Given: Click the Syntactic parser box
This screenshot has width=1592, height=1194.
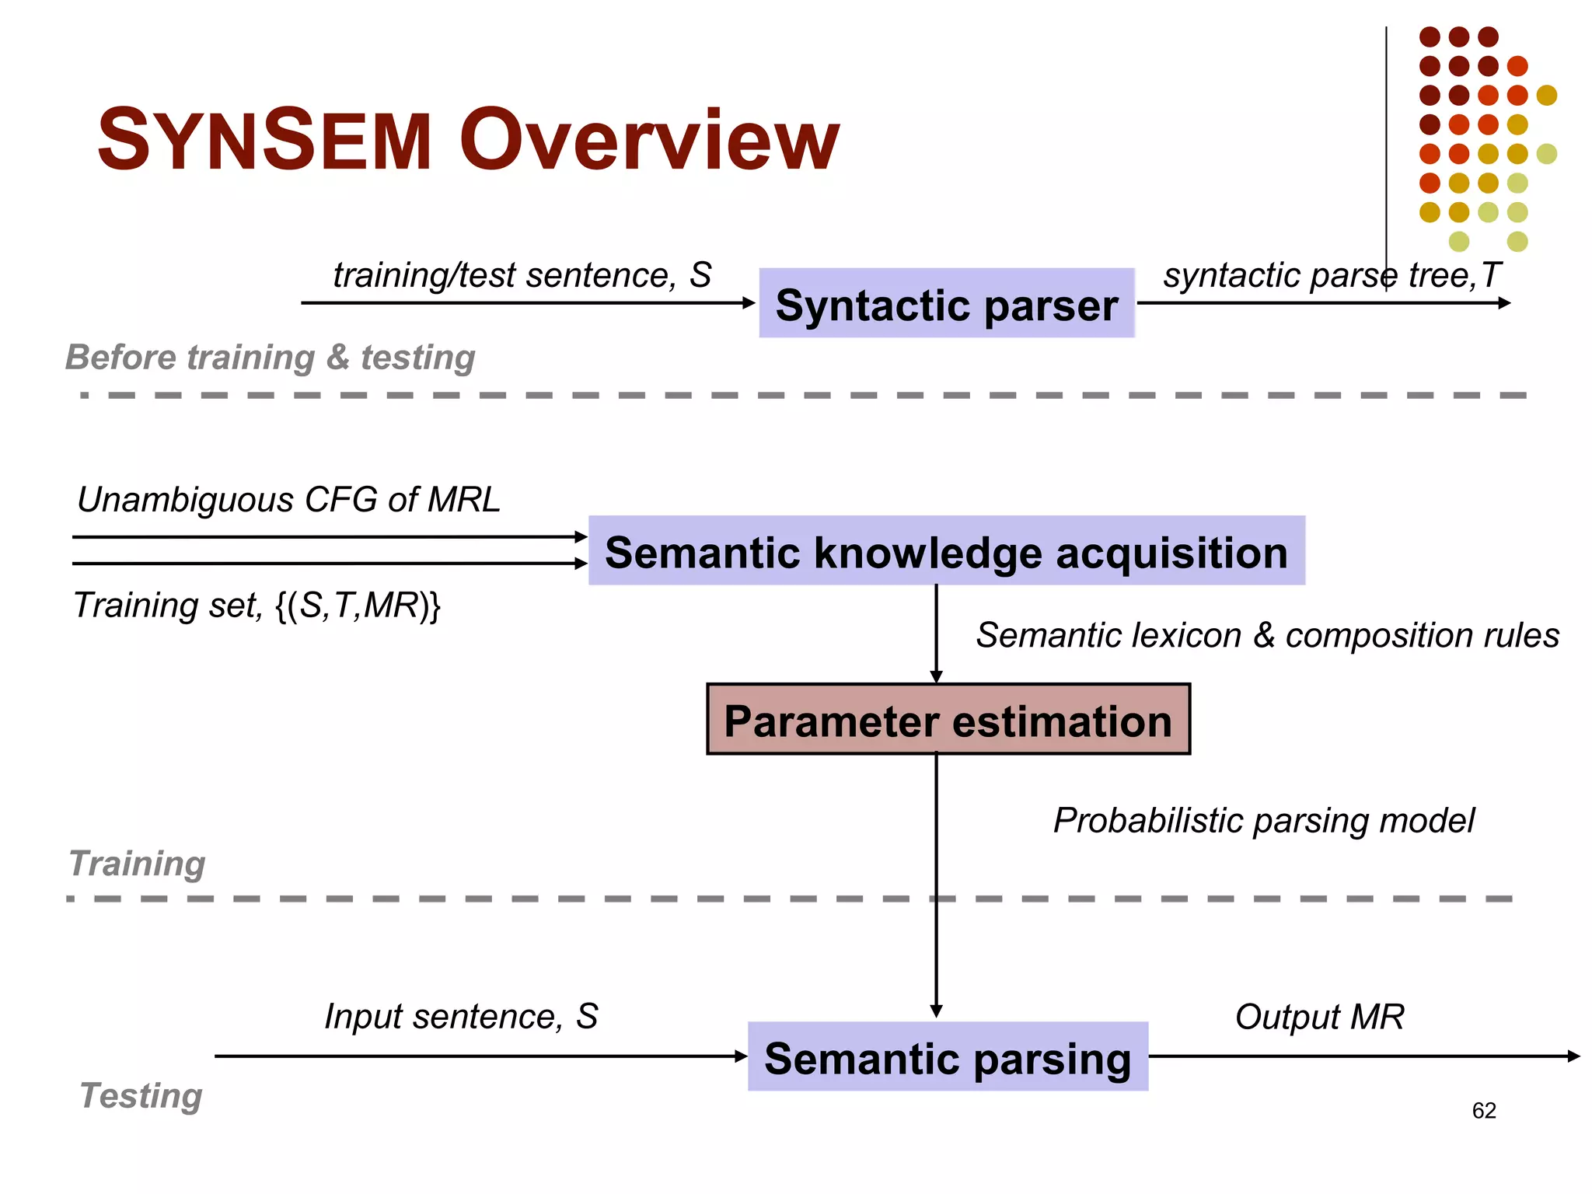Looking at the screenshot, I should [946, 304].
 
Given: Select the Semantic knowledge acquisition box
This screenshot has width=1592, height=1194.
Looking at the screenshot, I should [946, 551].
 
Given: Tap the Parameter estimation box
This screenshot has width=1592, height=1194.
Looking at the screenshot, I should [948, 720].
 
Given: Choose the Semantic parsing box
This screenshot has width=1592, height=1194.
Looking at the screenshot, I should [947, 1057].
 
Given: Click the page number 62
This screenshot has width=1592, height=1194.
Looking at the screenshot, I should [1483, 1111].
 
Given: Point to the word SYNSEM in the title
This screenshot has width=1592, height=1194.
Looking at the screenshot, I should [264, 141].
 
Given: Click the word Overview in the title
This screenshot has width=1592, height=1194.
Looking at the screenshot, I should [649, 141].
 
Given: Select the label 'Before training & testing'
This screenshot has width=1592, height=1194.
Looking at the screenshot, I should [270, 358].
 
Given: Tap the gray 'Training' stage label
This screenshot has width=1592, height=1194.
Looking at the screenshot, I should [137, 864].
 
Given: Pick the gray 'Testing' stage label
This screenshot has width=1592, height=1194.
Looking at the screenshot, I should [141, 1096].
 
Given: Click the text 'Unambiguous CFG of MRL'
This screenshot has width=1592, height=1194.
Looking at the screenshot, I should [288, 500].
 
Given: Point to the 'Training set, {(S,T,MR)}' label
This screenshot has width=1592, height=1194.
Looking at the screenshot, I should [257, 606].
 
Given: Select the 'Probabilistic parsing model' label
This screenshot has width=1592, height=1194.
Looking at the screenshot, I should [1263, 821].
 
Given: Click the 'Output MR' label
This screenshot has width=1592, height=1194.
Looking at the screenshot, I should [1319, 1017].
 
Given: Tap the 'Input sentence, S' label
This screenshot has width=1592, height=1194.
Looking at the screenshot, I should [461, 1017].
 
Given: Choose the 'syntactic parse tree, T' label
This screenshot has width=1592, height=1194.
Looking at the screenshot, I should [1331, 275].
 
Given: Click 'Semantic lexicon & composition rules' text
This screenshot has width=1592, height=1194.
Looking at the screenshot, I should [1267, 635].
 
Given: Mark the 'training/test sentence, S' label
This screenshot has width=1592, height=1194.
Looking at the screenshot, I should [522, 275].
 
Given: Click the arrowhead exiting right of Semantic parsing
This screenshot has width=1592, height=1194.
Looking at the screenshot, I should [1573, 1056].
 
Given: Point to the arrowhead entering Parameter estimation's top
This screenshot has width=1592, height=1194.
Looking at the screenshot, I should [936, 676].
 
